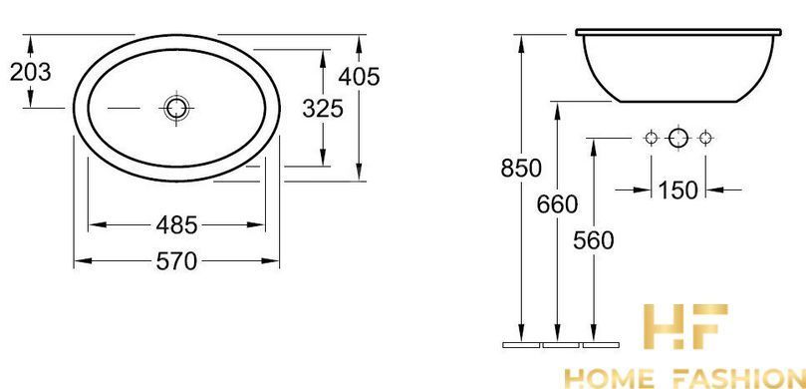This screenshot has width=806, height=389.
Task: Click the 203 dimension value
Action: (x=31, y=73)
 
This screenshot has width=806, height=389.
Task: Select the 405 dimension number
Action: (x=359, y=77)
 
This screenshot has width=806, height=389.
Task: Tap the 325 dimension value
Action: (x=322, y=109)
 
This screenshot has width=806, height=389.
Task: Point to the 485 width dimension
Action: (x=176, y=224)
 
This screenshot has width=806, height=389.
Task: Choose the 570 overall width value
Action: (x=176, y=262)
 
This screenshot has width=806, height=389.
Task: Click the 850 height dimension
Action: (x=521, y=169)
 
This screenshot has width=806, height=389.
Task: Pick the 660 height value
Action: (x=557, y=204)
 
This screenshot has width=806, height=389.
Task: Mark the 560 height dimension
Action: (x=594, y=240)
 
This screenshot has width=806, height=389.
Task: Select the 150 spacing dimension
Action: (x=678, y=191)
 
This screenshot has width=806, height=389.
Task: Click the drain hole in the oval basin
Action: (x=176, y=108)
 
